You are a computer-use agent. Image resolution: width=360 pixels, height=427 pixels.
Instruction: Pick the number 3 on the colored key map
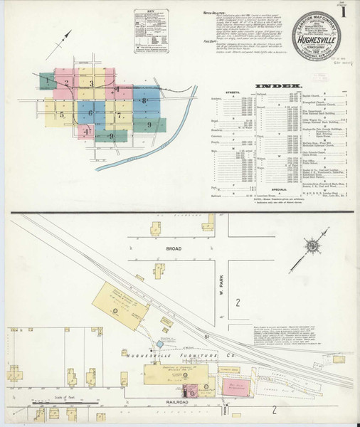point(91,84)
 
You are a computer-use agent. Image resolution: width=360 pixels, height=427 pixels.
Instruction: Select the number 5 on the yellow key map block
point(63,114)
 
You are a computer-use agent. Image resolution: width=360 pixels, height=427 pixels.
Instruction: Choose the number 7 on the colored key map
point(120,115)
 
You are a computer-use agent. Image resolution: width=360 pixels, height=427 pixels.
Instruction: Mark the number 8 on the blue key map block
point(144,100)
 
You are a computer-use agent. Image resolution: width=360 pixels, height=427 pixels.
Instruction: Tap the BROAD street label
point(174,248)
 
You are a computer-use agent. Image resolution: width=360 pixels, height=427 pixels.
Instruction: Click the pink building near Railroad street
point(232,386)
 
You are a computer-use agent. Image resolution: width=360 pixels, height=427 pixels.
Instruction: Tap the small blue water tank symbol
point(159,344)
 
